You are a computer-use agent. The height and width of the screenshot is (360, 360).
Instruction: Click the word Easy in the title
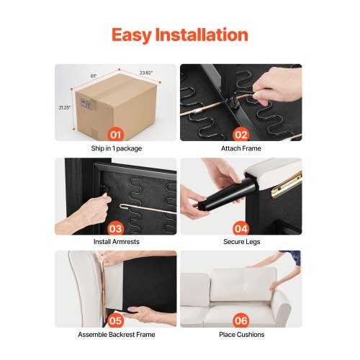coord(131,35)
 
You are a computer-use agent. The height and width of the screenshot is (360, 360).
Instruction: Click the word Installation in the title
coord(202,35)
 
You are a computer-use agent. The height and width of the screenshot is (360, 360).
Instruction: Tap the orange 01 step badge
coord(116,135)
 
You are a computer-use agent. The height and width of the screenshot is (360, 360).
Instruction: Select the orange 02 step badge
coord(241,135)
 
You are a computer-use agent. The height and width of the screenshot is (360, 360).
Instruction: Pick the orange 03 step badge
coord(116,228)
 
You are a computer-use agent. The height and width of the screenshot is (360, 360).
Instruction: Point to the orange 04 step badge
coord(241,228)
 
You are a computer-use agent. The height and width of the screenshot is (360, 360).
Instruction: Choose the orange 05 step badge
coord(116,321)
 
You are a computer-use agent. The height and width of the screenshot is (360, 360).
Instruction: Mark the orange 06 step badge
coord(241,321)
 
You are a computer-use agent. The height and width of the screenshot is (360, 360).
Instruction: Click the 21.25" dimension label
coord(65,107)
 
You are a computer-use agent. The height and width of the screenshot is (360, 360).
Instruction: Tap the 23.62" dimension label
coord(146,73)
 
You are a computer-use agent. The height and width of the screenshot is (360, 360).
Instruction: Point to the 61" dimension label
coord(94,76)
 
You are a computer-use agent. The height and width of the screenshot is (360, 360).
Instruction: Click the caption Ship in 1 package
coord(117,148)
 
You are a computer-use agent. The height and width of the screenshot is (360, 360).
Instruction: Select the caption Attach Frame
coord(241,148)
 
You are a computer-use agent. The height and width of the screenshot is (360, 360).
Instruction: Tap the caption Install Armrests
coord(117,241)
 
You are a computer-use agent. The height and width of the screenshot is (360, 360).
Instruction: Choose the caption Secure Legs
coord(242,242)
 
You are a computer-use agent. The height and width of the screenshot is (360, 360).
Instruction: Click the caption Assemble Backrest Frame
coord(117,335)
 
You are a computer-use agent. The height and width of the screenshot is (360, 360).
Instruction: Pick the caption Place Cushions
coord(242,335)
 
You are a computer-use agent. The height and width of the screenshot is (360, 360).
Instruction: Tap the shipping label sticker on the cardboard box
coord(85,104)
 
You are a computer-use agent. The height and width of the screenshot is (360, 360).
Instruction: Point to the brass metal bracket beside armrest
coord(287,186)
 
